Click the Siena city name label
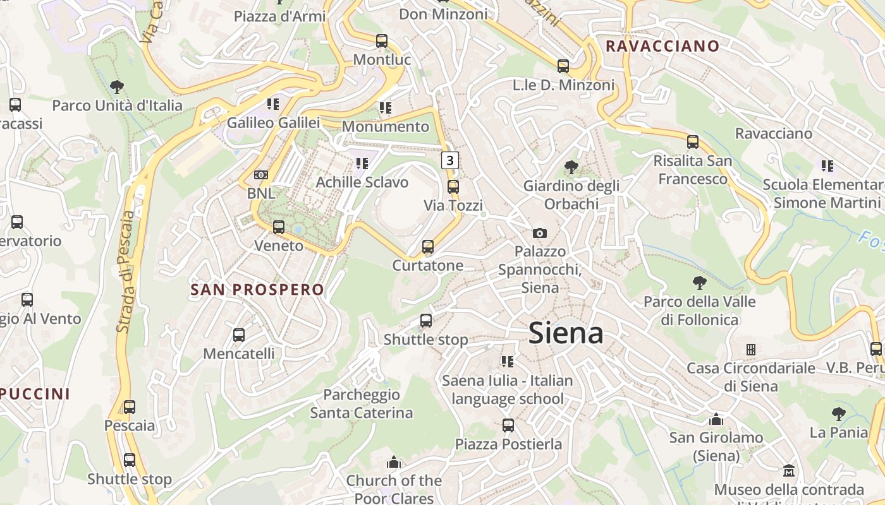point(566,333)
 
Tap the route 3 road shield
point(449,160)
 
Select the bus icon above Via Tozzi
point(453,187)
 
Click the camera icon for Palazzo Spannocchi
point(539,233)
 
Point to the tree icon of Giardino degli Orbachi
point(571,167)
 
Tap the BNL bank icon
point(260,175)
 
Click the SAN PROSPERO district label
point(257,290)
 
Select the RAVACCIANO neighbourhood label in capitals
point(662,46)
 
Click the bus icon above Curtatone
point(428,247)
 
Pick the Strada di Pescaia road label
point(125,271)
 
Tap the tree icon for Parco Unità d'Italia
point(116,86)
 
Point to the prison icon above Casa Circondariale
point(750,349)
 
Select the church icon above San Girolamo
point(716,419)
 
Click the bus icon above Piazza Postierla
point(508,425)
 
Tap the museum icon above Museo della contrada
point(788,471)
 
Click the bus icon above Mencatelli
point(238,335)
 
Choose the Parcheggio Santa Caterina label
point(361,404)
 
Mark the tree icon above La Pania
point(838,414)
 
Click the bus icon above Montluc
point(381,41)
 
